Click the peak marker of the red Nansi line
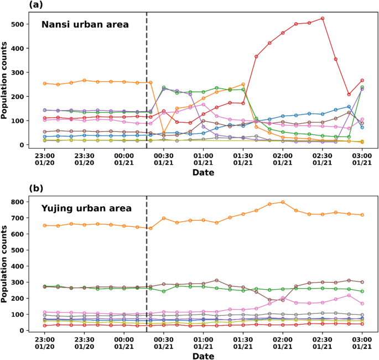322,18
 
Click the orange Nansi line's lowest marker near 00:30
164,133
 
